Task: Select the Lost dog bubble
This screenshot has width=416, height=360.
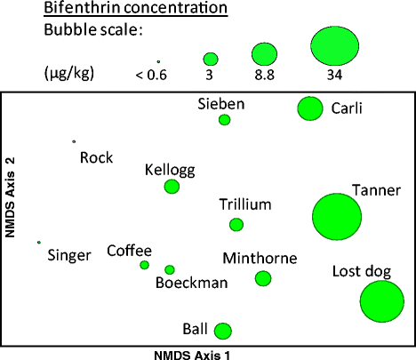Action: [386, 300]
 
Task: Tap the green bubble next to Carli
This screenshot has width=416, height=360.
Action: [309, 108]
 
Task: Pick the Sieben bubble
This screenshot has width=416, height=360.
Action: [224, 120]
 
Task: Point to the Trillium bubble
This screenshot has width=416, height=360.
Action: [236, 225]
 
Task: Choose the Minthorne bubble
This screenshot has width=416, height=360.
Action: [263, 278]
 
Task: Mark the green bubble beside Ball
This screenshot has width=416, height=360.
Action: [223, 331]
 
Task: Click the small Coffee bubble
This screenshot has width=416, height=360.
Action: [144, 265]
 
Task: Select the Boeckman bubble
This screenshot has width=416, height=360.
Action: [170, 269]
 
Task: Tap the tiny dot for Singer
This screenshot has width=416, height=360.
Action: [39, 242]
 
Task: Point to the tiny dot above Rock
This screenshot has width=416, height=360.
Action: [74, 141]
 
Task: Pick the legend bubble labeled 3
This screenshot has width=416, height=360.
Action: [211, 58]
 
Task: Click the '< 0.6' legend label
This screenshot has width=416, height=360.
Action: [151, 74]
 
